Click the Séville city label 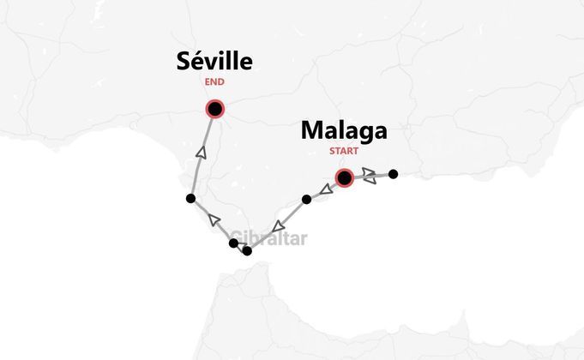pos(214,62)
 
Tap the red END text pos(214,83)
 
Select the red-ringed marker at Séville pos(214,109)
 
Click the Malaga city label pos(344,131)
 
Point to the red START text pos(344,153)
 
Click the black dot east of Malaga pos(393,174)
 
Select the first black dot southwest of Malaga pos(306,200)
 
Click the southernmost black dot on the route pos(248,251)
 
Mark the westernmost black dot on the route pos(190,199)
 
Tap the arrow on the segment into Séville pos(202,153)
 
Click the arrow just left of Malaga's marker pos(327,188)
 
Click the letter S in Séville pos(184,62)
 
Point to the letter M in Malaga pos(311,131)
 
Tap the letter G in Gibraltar pos(237,239)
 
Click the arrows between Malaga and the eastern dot pos(370,175)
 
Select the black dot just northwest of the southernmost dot pos(233,244)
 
